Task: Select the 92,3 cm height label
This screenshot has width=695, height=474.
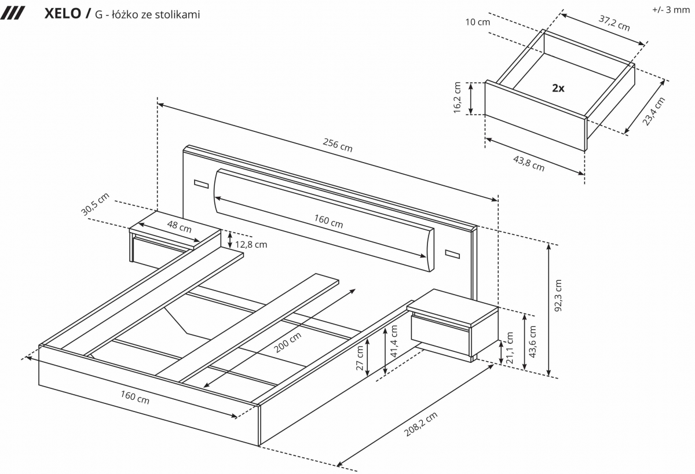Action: [558, 296]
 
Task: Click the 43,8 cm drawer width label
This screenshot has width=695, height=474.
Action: [529, 164]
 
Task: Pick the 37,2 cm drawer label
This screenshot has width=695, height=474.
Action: [614, 23]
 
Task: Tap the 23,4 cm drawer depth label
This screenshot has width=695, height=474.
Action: [654, 111]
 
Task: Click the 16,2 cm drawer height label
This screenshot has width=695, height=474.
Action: [458, 98]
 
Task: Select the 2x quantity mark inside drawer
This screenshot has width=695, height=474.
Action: [558, 89]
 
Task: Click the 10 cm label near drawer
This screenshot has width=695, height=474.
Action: [477, 22]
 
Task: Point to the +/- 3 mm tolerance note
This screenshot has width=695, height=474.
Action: [671, 10]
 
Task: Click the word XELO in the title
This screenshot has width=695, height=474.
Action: [63, 14]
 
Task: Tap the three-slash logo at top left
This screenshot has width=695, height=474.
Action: [12, 14]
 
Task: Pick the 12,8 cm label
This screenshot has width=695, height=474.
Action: [251, 244]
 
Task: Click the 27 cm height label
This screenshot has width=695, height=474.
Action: [360, 358]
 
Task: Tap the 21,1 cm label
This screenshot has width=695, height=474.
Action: [510, 347]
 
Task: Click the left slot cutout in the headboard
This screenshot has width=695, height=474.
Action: [201, 184]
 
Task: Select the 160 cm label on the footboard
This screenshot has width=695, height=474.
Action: [134, 397]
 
